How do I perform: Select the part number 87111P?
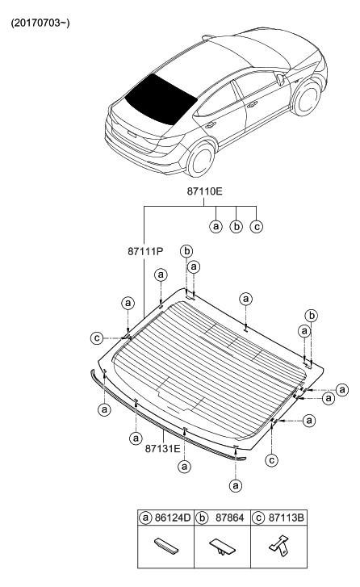coord(147,252)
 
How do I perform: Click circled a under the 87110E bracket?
coord(216,226)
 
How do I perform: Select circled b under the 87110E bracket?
coord(236,226)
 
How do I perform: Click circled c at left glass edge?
coord(97,338)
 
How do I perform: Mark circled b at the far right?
coord(312,314)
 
